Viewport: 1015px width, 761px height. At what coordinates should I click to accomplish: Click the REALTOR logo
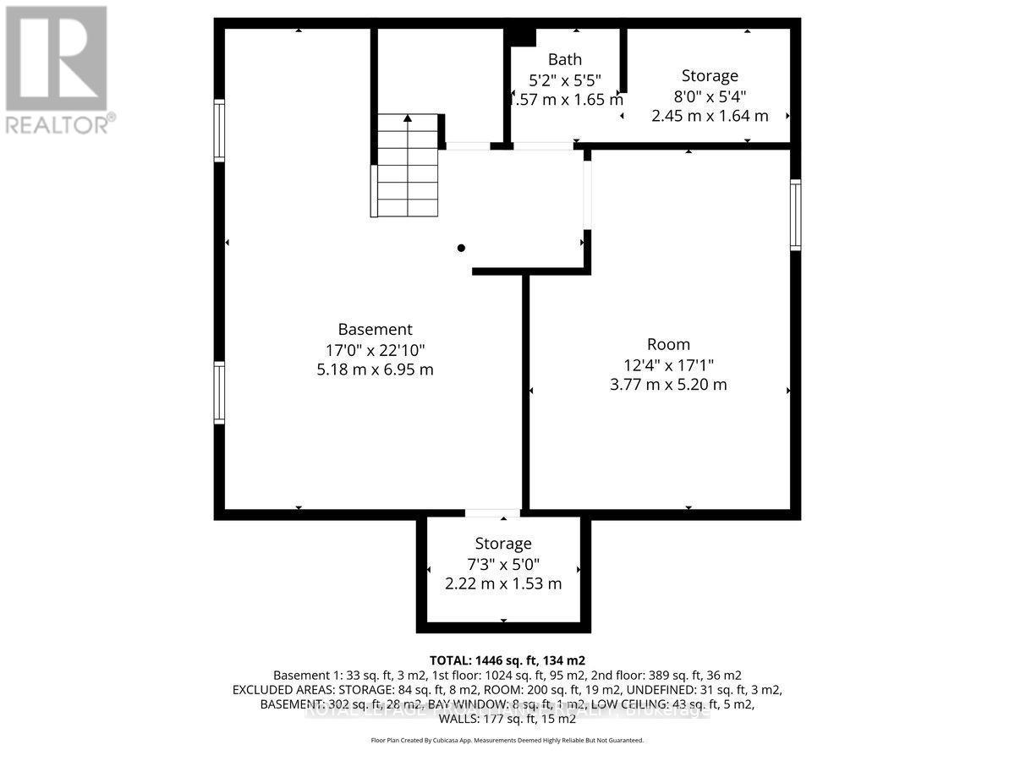point(57,69)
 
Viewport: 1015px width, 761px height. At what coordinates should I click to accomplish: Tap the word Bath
point(565,59)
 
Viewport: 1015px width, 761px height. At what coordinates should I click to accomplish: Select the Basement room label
point(375,329)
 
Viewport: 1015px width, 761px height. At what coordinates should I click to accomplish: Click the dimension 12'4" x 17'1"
point(668,364)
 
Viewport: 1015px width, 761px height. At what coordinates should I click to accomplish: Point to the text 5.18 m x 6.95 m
point(375,370)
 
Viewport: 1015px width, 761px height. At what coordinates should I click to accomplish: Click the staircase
point(408,166)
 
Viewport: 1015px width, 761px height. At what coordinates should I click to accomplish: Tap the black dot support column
point(461,248)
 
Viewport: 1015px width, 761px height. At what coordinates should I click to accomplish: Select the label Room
point(668,344)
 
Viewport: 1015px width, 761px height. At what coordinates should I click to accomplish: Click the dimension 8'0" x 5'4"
point(710,96)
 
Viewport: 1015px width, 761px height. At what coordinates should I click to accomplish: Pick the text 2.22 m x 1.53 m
point(503,583)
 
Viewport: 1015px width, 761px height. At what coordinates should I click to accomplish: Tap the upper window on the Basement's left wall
point(219,130)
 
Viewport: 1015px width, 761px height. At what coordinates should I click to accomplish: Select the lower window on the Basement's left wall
point(219,392)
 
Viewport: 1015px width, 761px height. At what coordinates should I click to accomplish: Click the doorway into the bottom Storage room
point(492,513)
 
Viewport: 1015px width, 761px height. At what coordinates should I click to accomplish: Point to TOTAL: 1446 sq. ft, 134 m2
point(507,660)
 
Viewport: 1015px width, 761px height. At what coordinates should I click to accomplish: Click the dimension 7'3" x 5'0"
point(503,564)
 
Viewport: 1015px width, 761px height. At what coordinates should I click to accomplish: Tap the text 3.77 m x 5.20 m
point(668,385)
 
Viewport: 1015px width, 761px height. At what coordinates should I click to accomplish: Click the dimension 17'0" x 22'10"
point(375,349)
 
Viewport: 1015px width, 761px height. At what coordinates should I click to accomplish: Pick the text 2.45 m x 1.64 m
point(710,116)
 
